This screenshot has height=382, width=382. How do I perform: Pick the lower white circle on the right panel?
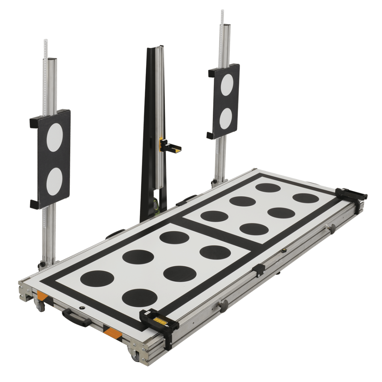point(226,119)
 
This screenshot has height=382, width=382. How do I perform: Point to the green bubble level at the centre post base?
point(155,206)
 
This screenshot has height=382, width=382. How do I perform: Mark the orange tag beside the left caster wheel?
point(42,297)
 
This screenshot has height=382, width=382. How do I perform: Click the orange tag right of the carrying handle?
point(113,333)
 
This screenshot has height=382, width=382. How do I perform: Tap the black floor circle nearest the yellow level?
point(140,297)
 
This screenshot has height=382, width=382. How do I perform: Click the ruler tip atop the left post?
point(46,41)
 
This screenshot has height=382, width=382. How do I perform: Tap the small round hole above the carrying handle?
point(82,307)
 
